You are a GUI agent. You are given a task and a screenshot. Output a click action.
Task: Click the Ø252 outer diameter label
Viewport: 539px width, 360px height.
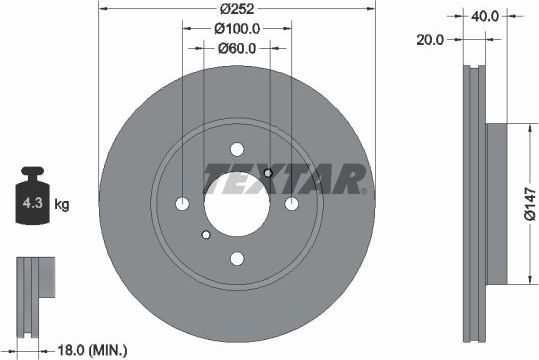pyautogui.click(x=236, y=9)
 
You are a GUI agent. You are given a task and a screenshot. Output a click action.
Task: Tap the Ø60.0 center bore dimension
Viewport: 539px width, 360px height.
pyautogui.click(x=237, y=46)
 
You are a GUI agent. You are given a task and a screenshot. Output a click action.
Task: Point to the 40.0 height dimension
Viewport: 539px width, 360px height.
pyautogui.click(x=486, y=16)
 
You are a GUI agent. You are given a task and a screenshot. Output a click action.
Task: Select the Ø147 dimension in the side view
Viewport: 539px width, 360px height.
pyautogui.click(x=529, y=205)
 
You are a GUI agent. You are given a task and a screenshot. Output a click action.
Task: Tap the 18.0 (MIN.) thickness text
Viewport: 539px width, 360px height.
pyautogui.click(x=93, y=349)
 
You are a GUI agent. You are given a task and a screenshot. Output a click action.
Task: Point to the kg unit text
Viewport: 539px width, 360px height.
pyautogui.click(x=62, y=206)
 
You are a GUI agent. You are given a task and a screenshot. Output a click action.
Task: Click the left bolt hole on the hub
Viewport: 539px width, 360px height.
pyautogui.click(x=181, y=204)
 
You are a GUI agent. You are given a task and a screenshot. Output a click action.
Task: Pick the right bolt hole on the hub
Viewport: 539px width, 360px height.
pyautogui.click(x=291, y=204)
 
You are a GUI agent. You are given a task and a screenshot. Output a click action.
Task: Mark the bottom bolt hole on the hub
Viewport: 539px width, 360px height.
pyautogui.click(x=236, y=259)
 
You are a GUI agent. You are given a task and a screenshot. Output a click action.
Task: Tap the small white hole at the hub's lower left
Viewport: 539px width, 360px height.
pyautogui.click(x=205, y=235)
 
